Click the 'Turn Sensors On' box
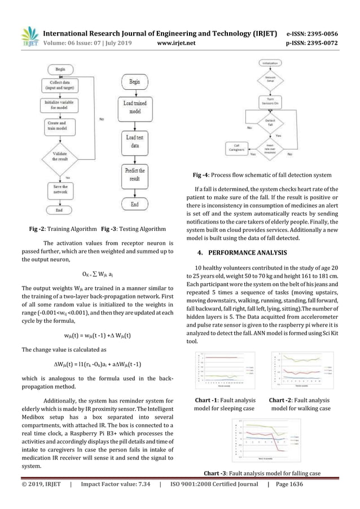(x=266, y=102)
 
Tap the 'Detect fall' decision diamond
(x=266, y=122)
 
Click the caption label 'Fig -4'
(x=203, y=175)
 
